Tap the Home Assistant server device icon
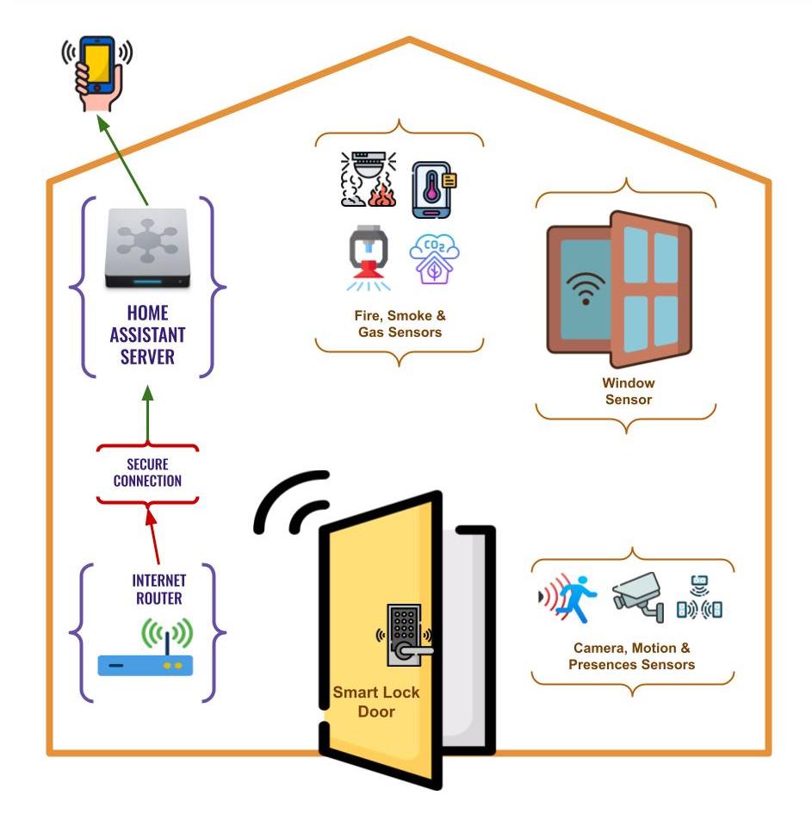147,250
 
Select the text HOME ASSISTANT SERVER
147,334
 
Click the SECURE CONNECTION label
147,473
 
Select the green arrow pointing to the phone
123,161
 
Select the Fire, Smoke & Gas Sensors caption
400,324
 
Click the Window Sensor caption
628,390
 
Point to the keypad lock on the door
405,633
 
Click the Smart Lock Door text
376,701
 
